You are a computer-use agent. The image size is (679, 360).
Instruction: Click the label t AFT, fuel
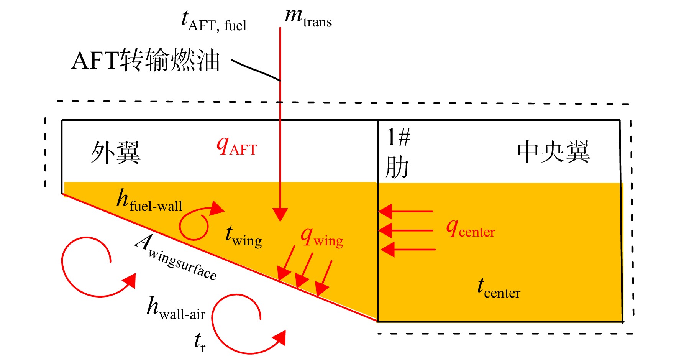[214, 21]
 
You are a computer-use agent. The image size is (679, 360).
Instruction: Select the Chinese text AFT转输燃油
[146, 60]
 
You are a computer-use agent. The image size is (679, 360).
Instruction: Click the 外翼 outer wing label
[116, 153]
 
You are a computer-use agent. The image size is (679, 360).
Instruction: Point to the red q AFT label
[237, 146]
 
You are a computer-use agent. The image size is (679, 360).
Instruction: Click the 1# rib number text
[399, 137]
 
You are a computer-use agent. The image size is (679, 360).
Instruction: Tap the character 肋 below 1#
[397, 167]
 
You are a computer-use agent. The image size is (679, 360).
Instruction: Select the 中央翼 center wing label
[554, 152]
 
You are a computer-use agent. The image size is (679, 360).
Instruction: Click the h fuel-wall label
[149, 200]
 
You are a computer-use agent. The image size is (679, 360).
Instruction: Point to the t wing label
[244, 236]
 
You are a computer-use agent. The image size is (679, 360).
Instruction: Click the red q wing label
[322, 237]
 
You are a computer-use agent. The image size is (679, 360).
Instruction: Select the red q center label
[471, 228]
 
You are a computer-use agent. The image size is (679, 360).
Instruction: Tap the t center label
[499, 288]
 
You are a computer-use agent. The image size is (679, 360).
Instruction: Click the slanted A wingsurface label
[175, 257]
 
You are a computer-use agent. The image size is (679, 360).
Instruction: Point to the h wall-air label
[176, 308]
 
